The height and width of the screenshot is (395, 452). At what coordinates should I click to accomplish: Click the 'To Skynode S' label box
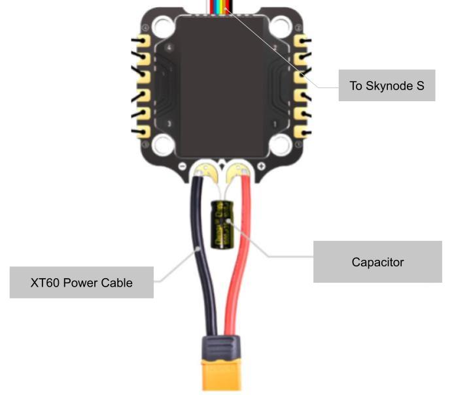click(387, 86)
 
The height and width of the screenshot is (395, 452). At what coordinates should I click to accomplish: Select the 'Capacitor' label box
click(377, 262)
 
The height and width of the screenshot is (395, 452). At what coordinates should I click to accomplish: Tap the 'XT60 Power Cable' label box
click(82, 283)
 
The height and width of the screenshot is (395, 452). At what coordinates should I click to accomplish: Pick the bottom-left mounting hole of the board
click(162, 146)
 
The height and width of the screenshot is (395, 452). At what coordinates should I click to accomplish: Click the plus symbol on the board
click(261, 167)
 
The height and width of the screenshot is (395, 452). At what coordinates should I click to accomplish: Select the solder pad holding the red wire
click(235, 173)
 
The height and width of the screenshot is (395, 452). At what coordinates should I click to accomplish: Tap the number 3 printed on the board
click(170, 123)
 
